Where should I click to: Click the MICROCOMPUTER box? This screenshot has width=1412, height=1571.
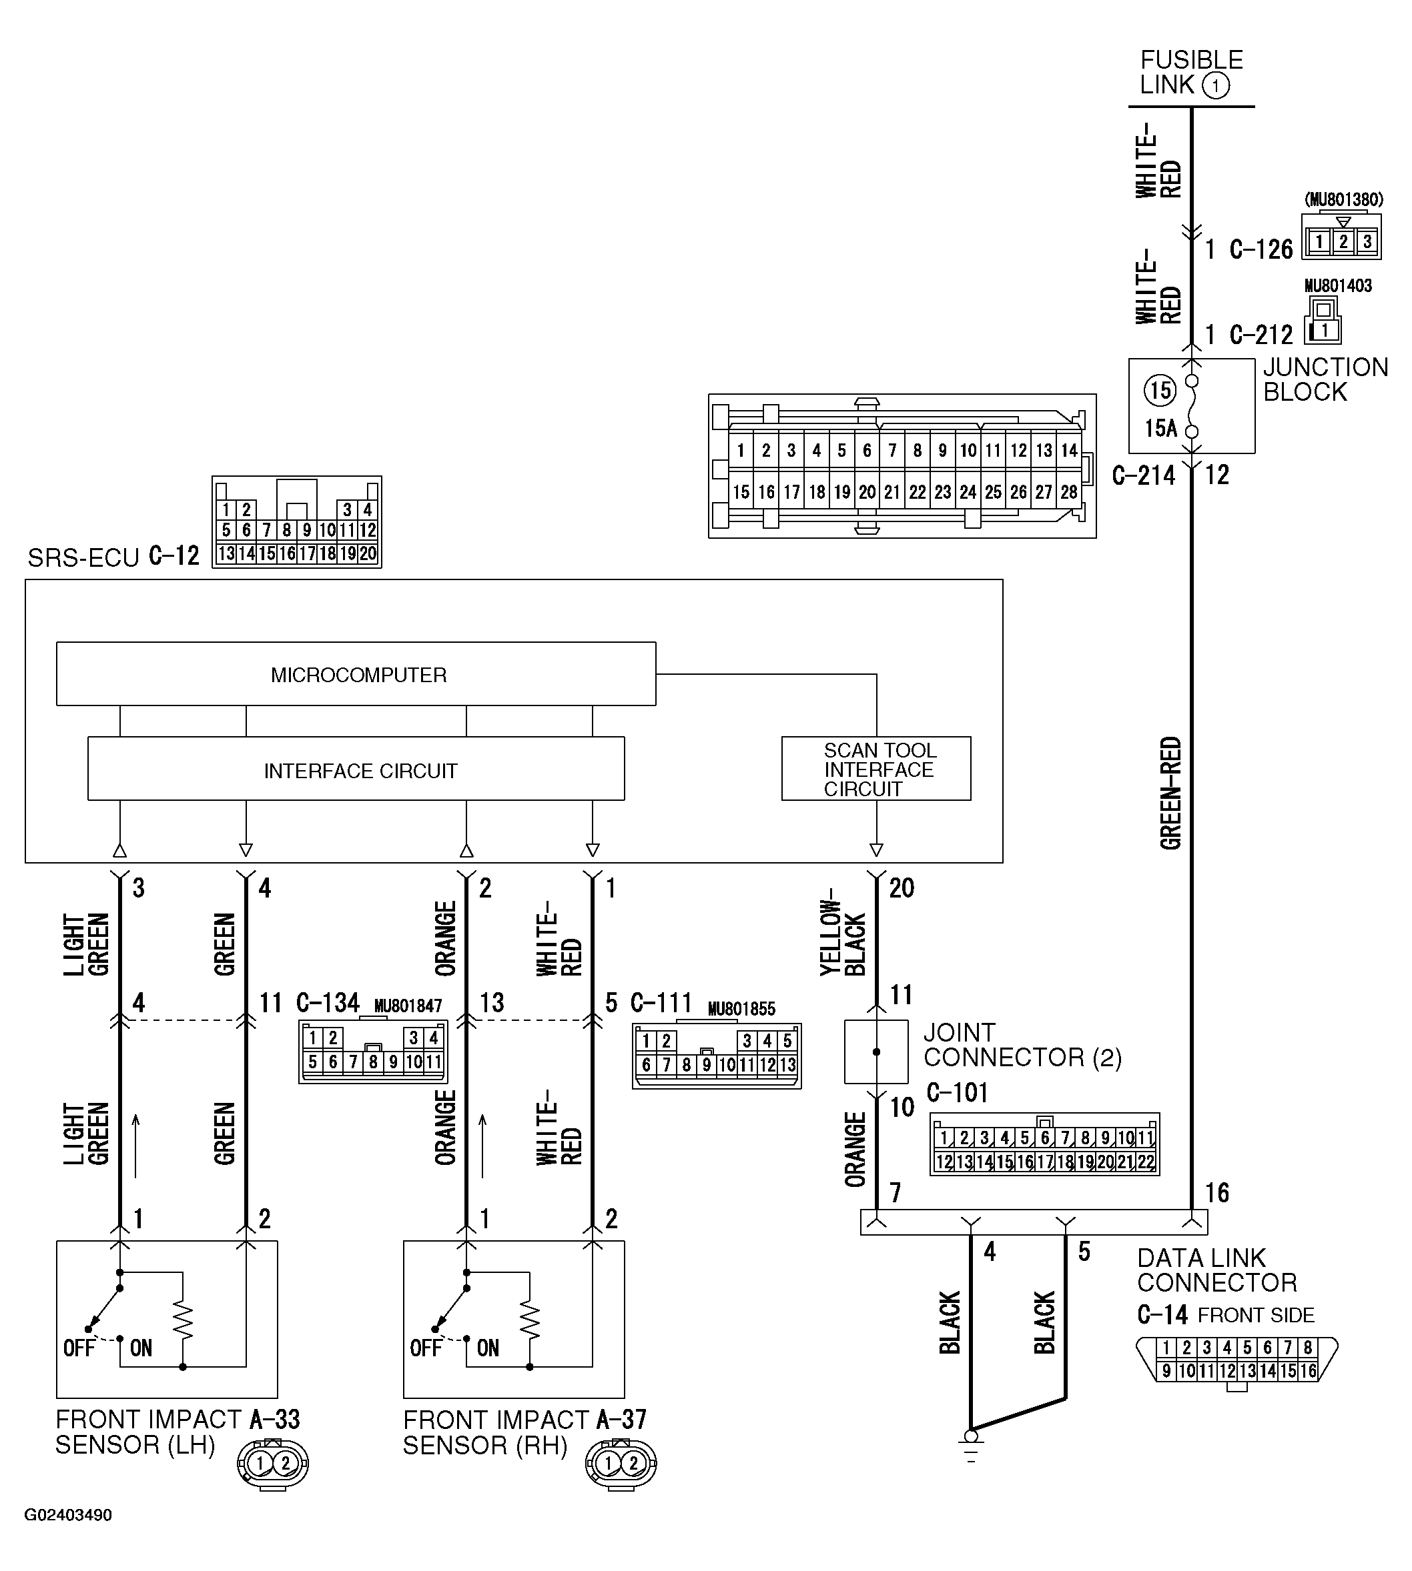356,675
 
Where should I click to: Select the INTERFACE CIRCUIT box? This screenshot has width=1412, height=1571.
356,770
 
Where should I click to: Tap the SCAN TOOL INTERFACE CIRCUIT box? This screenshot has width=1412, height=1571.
876,769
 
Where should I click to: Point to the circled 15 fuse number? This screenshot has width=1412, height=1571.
1159,390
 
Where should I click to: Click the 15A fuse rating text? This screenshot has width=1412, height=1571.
1160,428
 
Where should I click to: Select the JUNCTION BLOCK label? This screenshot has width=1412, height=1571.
1325,379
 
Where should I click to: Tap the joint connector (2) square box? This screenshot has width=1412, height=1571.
876,1052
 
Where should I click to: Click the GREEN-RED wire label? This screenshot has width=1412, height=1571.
1170,792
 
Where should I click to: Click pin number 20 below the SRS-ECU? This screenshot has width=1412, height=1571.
902,888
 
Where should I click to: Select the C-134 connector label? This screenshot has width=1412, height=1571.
328,1004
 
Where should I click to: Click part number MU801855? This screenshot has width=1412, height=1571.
741,1009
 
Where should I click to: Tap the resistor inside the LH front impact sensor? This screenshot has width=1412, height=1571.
183,1319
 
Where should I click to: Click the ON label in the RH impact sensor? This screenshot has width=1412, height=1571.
488,1348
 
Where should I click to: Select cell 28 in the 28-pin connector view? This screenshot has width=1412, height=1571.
1069,491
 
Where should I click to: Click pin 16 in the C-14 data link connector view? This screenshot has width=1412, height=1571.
1308,1372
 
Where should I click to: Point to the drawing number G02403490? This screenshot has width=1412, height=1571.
68,1515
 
